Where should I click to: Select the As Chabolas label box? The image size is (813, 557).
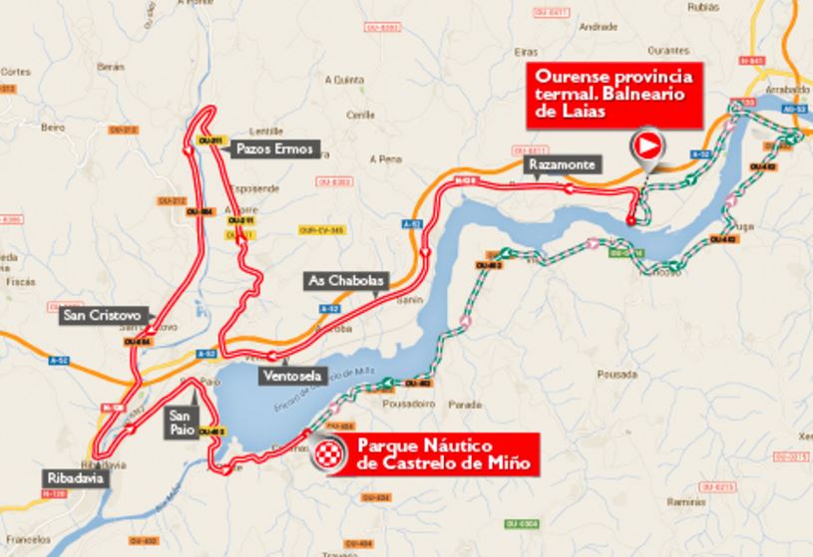pyautogui.click(x=344, y=281)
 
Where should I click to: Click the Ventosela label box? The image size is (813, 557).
pyautogui.click(x=287, y=376)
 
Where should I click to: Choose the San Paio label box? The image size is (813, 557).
pyautogui.click(x=181, y=423)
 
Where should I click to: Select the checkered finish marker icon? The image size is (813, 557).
pyautogui.click(x=326, y=455)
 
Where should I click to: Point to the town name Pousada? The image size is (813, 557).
pyautogui.click(x=622, y=375)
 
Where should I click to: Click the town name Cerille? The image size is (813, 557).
pyautogui.click(x=359, y=115)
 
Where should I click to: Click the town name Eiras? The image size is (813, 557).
pyautogui.click(x=528, y=51)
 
